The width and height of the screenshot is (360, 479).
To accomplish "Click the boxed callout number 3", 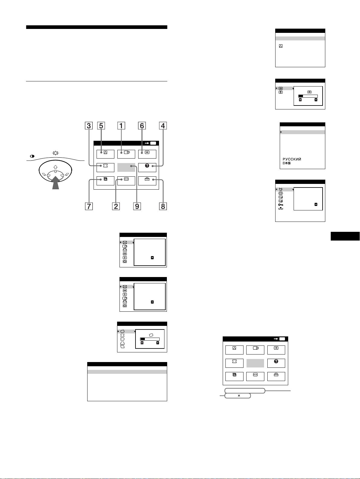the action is coord(89,126).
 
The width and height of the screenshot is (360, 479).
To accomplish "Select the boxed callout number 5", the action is coord(101,126).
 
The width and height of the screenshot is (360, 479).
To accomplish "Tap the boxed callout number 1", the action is coord(121,126).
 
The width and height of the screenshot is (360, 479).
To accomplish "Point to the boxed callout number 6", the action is coord(142,126).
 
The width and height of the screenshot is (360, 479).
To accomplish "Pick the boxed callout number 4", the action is coord(163,126).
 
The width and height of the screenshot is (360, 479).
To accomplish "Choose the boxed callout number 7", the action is coord(89,206).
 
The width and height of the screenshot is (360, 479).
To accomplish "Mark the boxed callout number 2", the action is coord(116,206).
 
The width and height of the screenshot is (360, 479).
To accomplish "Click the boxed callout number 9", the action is coord(137,206).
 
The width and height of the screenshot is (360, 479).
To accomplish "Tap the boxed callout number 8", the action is coord(163,206).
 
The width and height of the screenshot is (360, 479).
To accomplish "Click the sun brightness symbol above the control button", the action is coord(56,153).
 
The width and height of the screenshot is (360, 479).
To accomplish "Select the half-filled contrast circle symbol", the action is coord(32,156).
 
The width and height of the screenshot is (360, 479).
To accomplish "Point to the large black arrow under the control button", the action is coord(56,183).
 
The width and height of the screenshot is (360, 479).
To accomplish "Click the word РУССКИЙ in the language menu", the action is coord(292,159).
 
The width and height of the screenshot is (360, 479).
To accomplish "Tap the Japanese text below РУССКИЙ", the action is coord(287,163).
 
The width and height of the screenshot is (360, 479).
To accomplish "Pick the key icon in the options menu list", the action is coord(280,205).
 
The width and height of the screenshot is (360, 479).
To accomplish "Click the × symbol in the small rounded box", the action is coord(239,395).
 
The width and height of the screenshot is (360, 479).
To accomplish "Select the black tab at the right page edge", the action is coord(345,236).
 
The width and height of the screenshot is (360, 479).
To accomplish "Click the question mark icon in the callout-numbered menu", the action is coord(147,165).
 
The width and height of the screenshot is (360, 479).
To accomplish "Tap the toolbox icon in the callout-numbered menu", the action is coord(147,179).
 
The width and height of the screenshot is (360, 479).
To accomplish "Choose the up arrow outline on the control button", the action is coord(56,167).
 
